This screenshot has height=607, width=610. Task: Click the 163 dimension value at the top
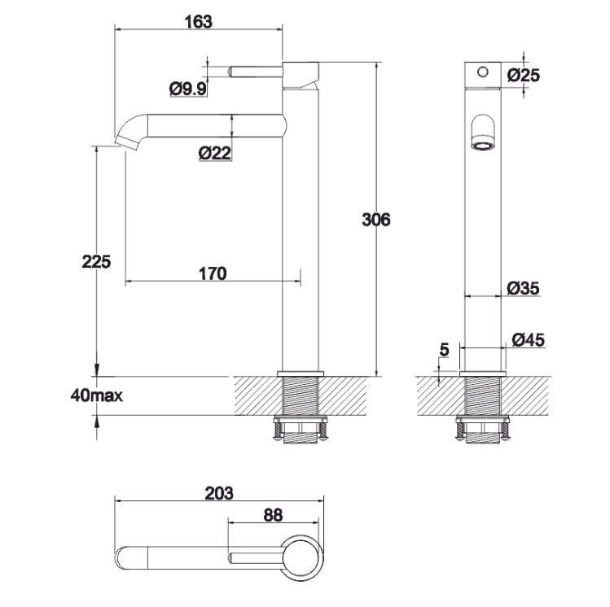(198, 22)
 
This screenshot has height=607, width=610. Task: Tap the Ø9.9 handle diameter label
(188, 90)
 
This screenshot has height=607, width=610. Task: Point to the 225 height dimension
(96, 262)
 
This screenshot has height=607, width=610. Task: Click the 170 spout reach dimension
(212, 273)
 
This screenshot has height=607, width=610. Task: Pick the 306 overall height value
(376, 219)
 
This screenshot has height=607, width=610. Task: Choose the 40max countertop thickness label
(96, 396)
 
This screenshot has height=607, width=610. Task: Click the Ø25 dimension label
(523, 75)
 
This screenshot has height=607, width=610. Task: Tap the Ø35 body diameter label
(522, 288)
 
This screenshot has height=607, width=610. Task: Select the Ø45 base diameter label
(529, 339)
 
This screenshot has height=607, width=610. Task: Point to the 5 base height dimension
(443, 351)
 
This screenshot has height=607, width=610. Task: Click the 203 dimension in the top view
(218, 493)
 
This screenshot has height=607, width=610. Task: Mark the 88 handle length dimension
(273, 515)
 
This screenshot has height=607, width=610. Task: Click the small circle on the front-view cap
(482, 72)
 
